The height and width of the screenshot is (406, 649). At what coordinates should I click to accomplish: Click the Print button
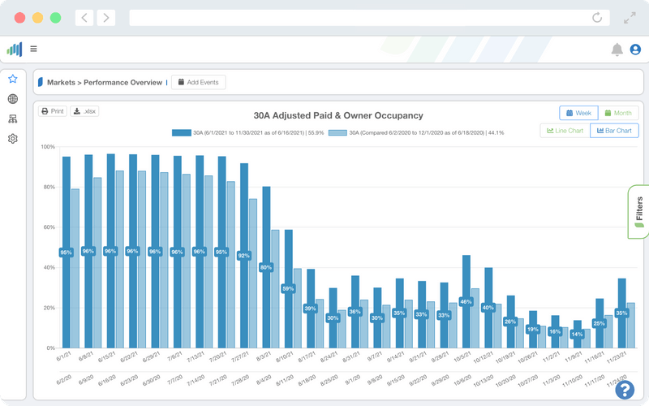(53, 111)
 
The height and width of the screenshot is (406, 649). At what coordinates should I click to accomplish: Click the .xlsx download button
(84, 111)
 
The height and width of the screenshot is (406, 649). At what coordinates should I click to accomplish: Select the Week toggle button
(578, 113)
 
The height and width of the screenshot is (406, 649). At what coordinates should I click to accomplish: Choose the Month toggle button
(618, 113)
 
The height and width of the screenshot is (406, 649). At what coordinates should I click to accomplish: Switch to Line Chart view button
(565, 131)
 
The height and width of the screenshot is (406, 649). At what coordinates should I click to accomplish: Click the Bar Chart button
(614, 131)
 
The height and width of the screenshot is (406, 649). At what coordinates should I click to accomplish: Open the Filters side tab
(638, 212)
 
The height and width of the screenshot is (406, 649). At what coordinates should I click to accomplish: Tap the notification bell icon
(617, 50)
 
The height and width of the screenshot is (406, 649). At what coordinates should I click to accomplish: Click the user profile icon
(635, 50)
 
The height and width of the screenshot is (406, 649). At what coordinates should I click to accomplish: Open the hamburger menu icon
(33, 49)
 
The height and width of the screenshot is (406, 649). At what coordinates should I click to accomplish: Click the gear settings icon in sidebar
(13, 139)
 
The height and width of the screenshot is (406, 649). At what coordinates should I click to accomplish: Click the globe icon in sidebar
(13, 99)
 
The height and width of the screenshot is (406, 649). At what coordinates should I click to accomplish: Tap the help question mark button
(624, 389)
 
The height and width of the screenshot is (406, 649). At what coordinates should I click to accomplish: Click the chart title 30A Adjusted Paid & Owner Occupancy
(337, 116)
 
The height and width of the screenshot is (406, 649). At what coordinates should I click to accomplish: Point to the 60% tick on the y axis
(48, 227)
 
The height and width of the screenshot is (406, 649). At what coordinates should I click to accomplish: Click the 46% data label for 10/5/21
(466, 302)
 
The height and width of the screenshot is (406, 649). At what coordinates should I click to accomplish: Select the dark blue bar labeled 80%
(266, 244)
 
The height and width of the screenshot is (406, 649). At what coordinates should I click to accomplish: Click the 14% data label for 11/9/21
(577, 334)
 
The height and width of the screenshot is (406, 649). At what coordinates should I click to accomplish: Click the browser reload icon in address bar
(598, 17)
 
